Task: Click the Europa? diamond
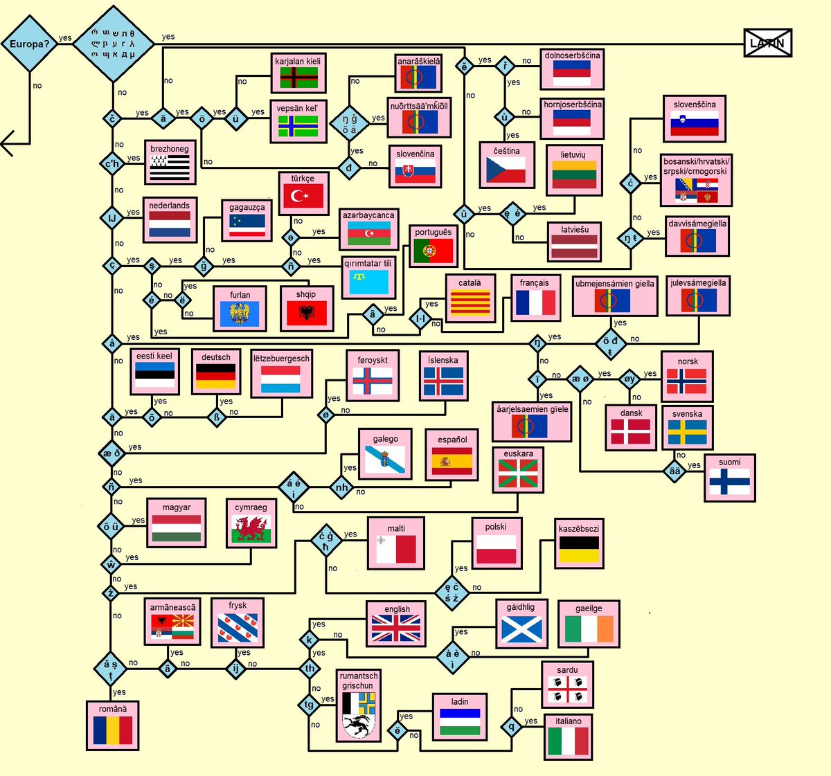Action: [29, 44]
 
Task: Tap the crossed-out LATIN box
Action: [767, 43]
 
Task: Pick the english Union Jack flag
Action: [396, 629]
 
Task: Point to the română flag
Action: [112, 730]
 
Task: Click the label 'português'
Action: [433, 233]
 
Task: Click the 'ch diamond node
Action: [112, 164]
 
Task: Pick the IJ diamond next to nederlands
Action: [112, 217]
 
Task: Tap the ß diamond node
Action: [217, 417]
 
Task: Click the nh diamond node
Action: [342, 487]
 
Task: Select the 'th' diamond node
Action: [310, 668]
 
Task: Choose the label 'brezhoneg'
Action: [170, 149]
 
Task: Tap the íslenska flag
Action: [443, 381]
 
